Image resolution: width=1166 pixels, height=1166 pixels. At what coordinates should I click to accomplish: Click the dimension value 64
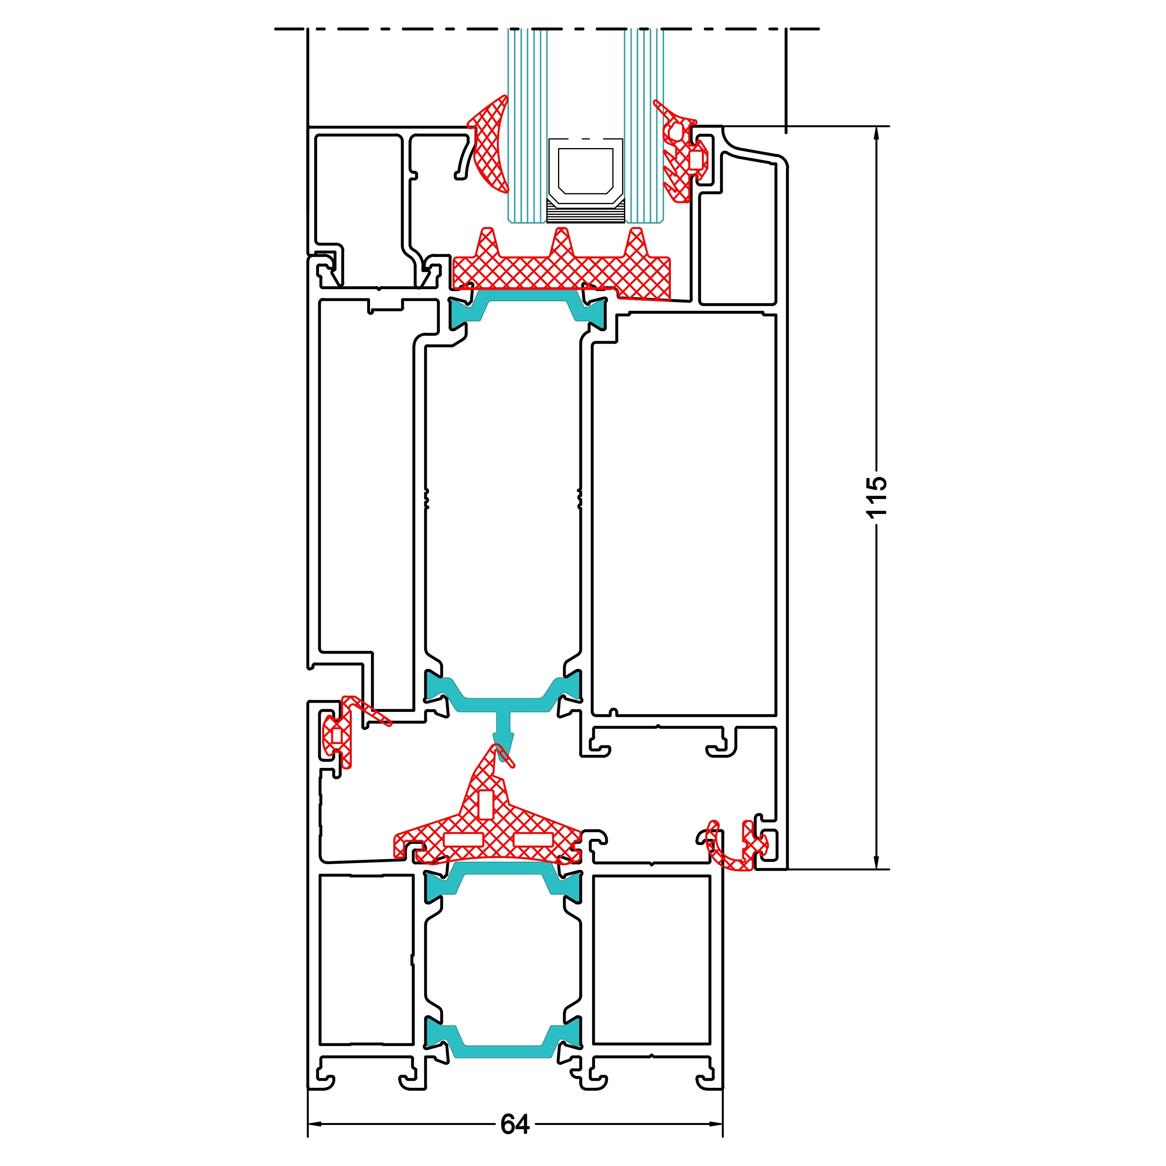tap(515, 1124)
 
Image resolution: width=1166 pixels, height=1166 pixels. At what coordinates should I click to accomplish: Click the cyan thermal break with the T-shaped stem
tap(503, 703)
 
